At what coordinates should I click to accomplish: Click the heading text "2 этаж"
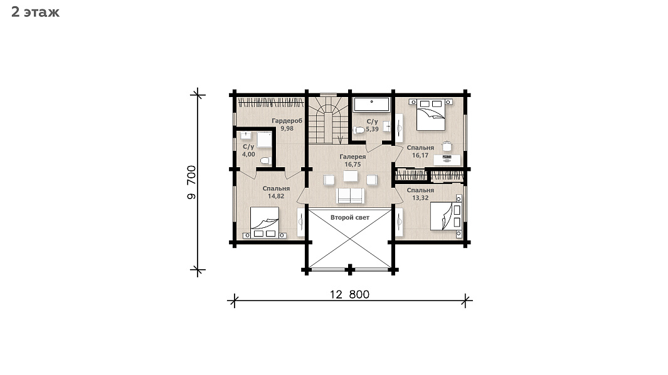click(35, 13)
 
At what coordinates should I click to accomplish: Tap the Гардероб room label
click(287, 121)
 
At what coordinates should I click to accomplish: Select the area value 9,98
click(287, 128)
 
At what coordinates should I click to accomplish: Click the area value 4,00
click(248, 155)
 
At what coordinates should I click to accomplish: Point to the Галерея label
click(353, 157)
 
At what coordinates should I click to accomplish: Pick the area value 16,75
click(353, 164)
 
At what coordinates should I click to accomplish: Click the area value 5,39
click(372, 129)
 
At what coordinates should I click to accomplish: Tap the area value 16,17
click(420, 155)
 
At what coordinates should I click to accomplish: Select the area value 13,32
click(420, 198)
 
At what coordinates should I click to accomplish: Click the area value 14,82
click(276, 196)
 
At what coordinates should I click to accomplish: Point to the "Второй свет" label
click(350, 217)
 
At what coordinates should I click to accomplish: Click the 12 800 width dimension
click(349, 294)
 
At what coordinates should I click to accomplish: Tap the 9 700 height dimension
click(191, 182)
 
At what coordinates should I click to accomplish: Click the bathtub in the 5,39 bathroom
click(371, 105)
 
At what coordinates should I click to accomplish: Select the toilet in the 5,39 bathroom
click(359, 130)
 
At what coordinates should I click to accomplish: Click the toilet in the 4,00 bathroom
click(265, 161)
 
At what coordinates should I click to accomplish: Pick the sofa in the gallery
click(351, 195)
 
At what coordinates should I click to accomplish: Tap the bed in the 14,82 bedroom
click(265, 222)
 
